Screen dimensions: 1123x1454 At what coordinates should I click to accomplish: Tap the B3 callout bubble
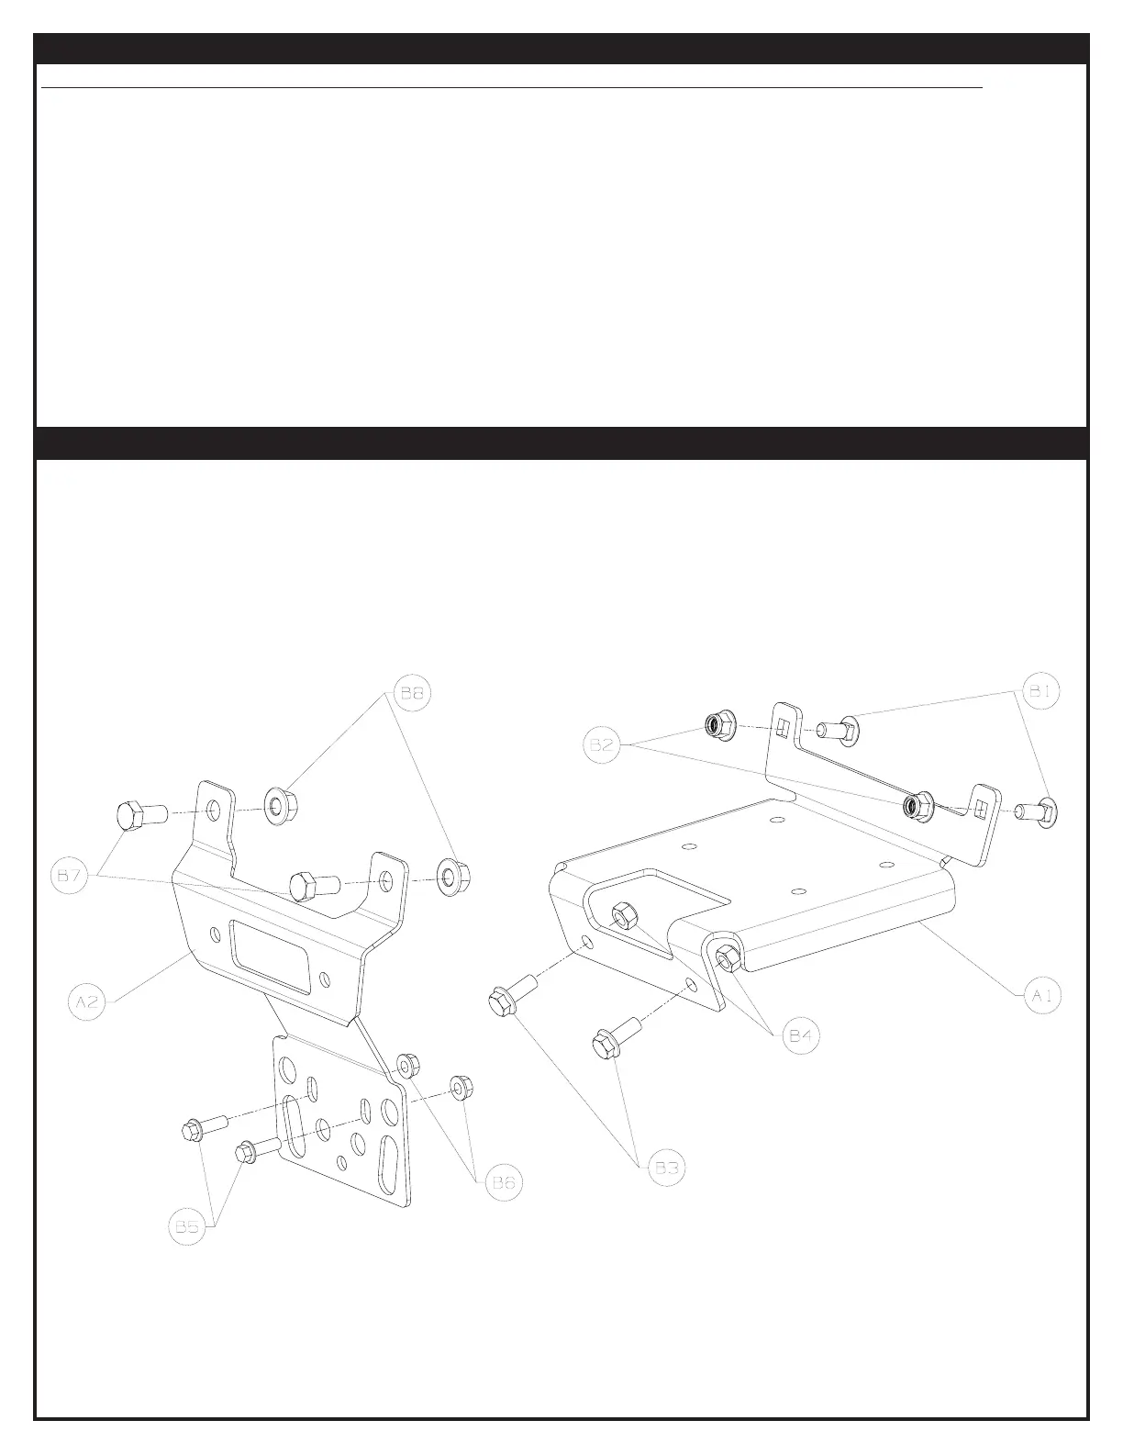click(x=666, y=1169)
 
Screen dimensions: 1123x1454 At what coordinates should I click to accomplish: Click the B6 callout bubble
click(x=503, y=1183)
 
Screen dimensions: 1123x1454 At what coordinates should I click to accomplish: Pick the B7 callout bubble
click(x=71, y=877)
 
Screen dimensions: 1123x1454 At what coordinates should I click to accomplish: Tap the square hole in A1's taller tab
click(x=782, y=727)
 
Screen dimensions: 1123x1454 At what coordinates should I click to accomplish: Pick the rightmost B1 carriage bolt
click(x=1039, y=811)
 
